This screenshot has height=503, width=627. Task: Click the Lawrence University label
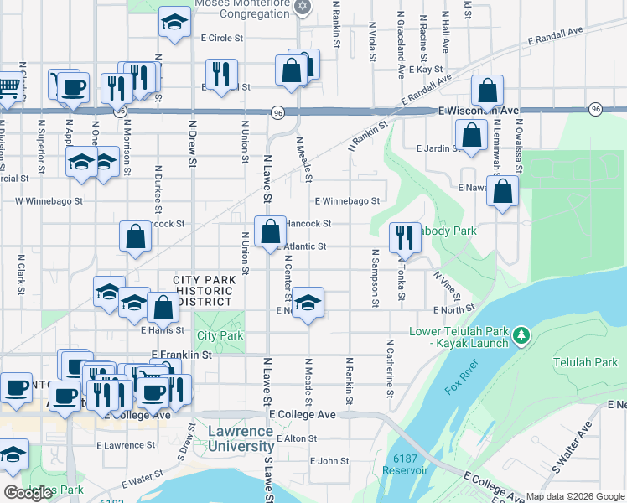coord(240,438)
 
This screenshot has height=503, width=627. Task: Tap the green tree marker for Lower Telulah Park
coord(521,336)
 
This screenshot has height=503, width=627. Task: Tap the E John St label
coord(329,461)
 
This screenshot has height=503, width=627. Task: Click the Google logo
coord(28,493)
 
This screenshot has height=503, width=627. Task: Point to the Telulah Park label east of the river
coord(584,362)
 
